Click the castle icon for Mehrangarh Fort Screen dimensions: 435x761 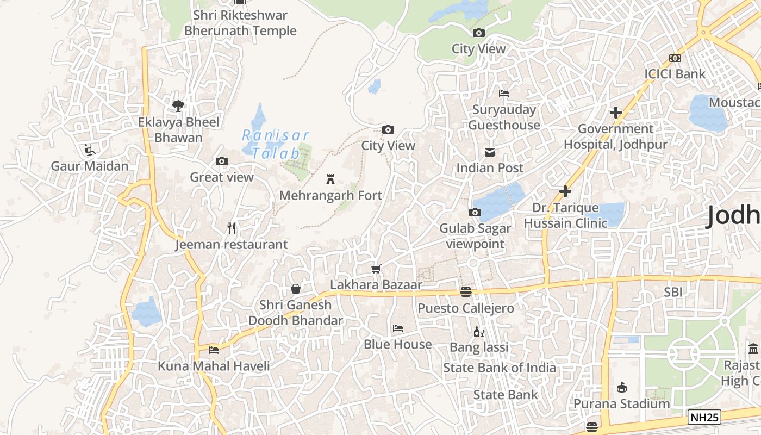pyautogui.click(x=329, y=179)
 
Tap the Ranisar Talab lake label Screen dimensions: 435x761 pyautogui.click(x=276, y=144)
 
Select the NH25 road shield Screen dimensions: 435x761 pyautogui.click(x=704, y=417)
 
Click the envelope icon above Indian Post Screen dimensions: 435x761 pyautogui.click(x=490, y=152)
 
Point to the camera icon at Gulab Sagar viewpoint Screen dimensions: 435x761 pyautogui.click(x=475, y=212)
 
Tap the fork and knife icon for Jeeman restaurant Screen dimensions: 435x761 pyautogui.click(x=232, y=228)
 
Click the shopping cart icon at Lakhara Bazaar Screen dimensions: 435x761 pyautogui.click(x=376, y=269)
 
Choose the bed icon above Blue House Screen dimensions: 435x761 pyautogui.click(x=398, y=328)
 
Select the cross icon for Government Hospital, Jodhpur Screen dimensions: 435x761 pyautogui.click(x=615, y=113)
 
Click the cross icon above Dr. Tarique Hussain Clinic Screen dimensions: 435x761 pyautogui.click(x=565, y=191)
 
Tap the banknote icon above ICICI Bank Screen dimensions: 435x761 pyautogui.click(x=675, y=58)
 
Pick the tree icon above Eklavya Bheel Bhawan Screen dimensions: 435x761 pyautogui.click(x=178, y=106)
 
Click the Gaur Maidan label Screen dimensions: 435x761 pyautogui.click(x=90, y=166)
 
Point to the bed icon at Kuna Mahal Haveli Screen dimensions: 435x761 pyautogui.click(x=214, y=350)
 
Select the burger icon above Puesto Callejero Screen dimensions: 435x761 pyautogui.click(x=465, y=293)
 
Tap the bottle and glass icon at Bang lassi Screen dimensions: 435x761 pyautogui.click(x=479, y=332)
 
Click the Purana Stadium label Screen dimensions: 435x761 pyautogui.click(x=622, y=403)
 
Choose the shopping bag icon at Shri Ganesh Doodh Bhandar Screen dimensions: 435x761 pyautogui.click(x=296, y=288)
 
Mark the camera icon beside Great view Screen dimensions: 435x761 pyautogui.click(x=222, y=161)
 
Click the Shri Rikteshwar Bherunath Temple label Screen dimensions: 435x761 pyautogui.click(x=240, y=23)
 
